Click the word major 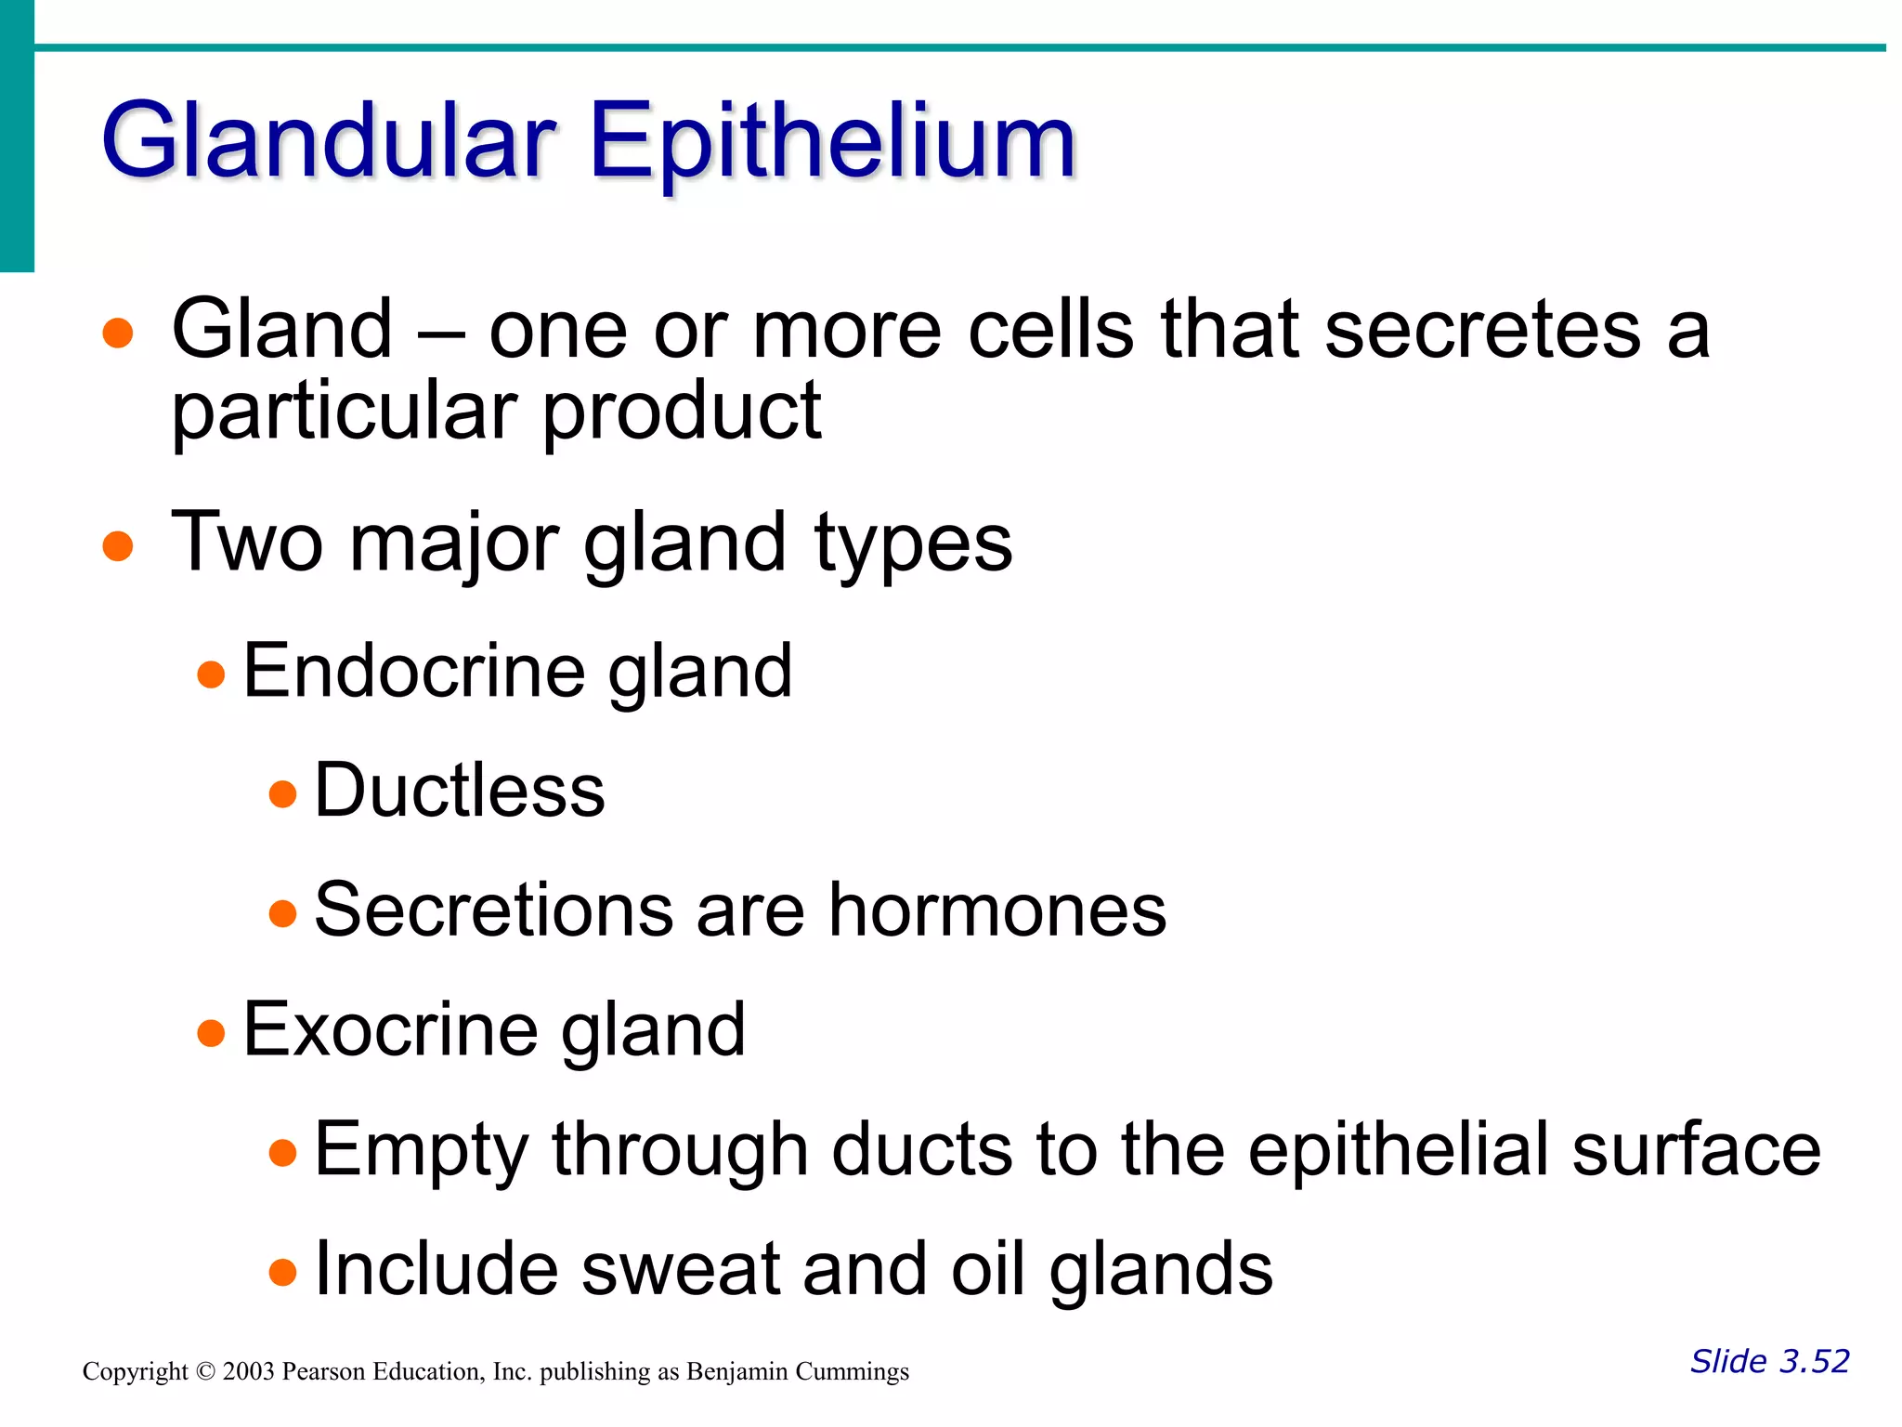[x=454, y=543]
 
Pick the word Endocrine [x=414, y=671]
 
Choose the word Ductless [x=460, y=791]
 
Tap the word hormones [x=997, y=910]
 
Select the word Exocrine [x=390, y=1029]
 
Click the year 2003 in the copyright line [x=248, y=1372]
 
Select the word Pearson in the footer [x=324, y=1372]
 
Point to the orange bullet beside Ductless [x=282, y=794]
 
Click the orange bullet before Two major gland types [x=118, y=545]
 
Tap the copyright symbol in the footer [x=205, y=1372]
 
